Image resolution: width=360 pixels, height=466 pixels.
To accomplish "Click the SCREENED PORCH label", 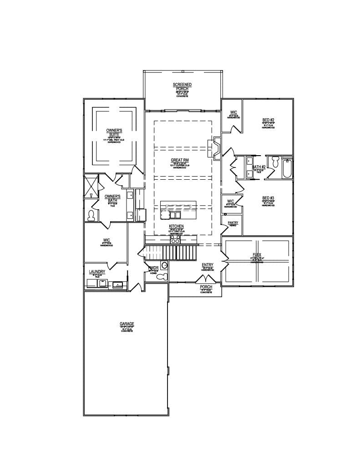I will pos(182,87).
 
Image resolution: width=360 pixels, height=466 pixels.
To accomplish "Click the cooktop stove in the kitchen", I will pos(175,238).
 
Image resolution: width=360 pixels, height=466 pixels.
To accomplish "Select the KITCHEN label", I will pos(176,226).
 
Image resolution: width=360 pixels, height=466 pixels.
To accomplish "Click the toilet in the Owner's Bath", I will pos(91,215).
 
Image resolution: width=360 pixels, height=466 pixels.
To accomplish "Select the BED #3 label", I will pos(268,198).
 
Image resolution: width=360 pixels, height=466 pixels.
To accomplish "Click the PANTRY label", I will pos(233,223).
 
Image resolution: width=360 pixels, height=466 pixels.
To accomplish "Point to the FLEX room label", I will pos(257,255).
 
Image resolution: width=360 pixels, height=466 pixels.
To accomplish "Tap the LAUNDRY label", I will pos(97,272).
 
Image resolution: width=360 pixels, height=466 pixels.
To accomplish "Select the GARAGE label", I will pos(127,324).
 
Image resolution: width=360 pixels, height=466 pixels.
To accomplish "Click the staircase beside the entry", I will pos(173,252).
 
